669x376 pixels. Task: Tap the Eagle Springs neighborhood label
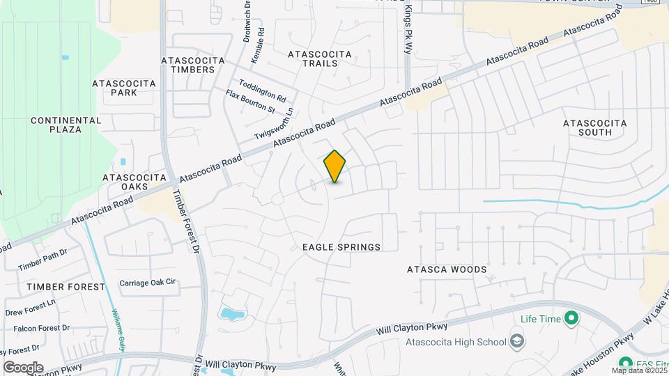coord(341,247)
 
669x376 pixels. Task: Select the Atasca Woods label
coord(447,269)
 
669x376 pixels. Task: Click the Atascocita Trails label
coord(313,58)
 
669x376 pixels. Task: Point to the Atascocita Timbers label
coord(193,65)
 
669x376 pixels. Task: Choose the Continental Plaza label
coord(56,125)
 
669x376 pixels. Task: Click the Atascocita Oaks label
coord(132,182)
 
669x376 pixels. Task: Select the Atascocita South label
coord(595,127)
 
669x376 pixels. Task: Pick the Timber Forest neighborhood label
coord(56,287)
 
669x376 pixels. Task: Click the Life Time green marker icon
coord(571,319)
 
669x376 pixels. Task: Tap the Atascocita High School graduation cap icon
coord(517,341)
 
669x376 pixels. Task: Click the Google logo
coord(23,367)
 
